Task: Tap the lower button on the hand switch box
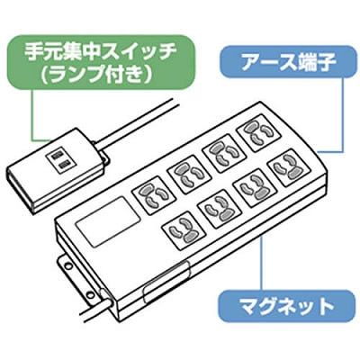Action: pos(63,165)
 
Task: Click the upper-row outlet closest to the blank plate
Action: pos(153,195)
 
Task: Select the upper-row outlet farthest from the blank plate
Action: pos(259,133)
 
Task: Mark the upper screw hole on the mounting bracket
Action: pos(68,265)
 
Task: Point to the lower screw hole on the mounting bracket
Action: pos(89,294)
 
